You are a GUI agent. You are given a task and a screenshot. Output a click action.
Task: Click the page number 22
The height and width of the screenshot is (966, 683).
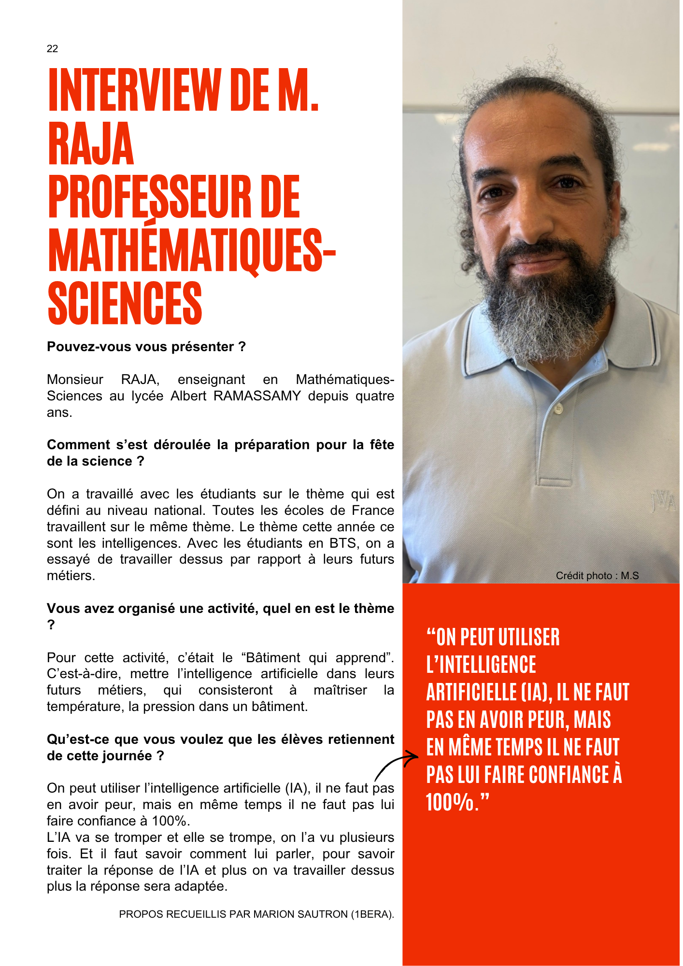[52, 49]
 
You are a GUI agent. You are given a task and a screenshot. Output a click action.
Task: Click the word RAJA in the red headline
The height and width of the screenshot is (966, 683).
[91, 144]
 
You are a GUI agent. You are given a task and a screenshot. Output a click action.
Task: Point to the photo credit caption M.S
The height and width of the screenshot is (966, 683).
[597, 576]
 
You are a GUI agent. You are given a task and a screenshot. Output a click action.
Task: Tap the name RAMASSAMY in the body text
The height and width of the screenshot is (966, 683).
[257, 396]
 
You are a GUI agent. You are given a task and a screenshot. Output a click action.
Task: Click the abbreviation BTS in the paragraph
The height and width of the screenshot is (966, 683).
[344, 543]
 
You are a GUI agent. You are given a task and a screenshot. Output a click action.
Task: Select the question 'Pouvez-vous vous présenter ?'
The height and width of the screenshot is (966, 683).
[146, 347]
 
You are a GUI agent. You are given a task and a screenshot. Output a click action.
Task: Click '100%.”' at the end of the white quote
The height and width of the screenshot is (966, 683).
[457, 802]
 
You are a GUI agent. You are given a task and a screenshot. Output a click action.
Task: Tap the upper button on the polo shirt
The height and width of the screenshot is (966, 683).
[558, 409]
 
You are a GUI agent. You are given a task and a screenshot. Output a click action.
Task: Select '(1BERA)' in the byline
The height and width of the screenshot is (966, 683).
[372, 914]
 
